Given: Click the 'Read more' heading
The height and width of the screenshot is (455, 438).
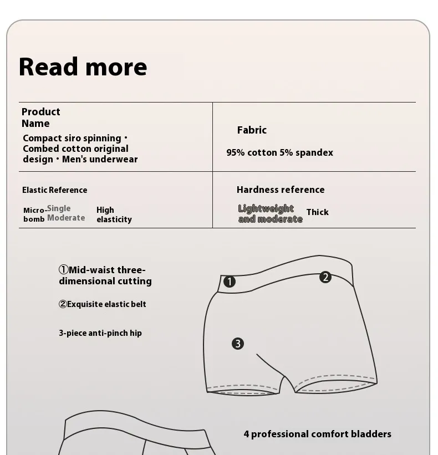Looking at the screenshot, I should (83, 67).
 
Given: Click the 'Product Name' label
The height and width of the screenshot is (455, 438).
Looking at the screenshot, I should (40, 117).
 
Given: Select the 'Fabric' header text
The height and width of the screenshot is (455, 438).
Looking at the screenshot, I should (252, 130).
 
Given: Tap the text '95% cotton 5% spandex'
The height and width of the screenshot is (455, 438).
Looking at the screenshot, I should (279, 152).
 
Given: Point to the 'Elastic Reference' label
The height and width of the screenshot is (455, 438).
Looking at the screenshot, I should (54, 190).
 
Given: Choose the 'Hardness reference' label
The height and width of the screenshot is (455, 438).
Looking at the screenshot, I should (281, 190).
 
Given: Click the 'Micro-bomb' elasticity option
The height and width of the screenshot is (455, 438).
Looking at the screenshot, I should (34, 214).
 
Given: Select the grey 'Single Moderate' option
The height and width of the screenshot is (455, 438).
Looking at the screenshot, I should (66, 213).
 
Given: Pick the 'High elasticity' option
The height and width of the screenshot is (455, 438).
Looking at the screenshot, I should (114, 214).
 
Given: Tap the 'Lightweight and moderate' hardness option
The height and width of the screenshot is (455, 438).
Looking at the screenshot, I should (270, 213).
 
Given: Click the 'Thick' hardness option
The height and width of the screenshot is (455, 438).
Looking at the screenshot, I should (317, 212).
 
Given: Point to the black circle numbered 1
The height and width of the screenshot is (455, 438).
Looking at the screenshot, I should (230, 282).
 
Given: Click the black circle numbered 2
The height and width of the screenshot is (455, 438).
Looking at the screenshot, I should (325, 277).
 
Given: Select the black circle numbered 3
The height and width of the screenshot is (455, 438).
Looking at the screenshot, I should (238, 344).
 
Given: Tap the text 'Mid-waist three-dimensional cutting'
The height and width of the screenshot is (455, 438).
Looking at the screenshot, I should (105, 275).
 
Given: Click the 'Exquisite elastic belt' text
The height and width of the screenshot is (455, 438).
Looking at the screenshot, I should (103, 304).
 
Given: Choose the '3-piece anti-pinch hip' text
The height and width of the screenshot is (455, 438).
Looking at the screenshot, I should (100, 333).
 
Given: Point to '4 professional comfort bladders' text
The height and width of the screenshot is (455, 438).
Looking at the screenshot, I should (317, 434).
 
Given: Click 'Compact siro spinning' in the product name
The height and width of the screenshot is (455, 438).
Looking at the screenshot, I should (72, 138).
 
